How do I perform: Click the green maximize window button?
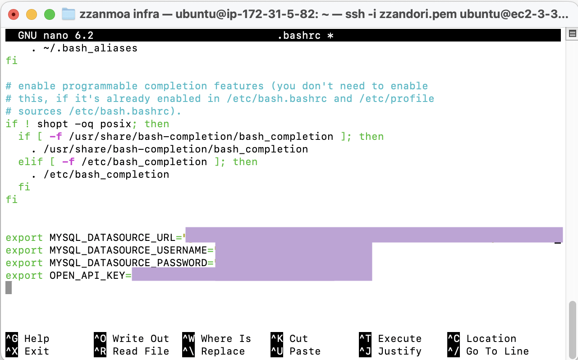click(50, 14)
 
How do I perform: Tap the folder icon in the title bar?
click(69, 14)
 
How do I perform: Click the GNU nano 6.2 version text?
click(55, 36)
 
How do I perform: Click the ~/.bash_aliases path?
click(90, 48)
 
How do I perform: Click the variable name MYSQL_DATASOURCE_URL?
click(112, 238)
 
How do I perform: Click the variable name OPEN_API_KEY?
click(87, 276)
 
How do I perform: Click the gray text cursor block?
click(9, 288)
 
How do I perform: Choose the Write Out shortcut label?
click(141, 339)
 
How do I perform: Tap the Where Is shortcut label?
click(226, 339)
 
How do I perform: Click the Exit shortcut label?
click(37, 351)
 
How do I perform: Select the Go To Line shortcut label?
click(497, 351)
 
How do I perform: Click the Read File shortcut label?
click(141, 351)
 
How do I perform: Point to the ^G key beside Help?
click(12, 339)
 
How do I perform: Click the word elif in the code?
click(30, 162)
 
